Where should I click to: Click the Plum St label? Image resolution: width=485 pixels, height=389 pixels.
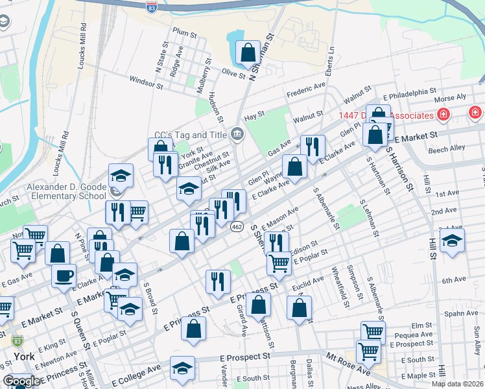pyautogui.click(x=185, y=32)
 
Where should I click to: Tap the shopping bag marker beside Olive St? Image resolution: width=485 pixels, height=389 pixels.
pyautogui.click(x=248, y=52)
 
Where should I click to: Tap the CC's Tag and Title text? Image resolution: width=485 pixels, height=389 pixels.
pyautogui.click(x=189, y=136)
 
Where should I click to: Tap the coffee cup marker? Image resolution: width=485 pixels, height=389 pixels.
pyautogui.click(x=64, y=275)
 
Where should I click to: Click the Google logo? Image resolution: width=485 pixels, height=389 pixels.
pyautogui.click(x=22, y=381)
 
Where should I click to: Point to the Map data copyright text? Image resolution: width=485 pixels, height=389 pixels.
pyautogui.click(x=457, y=384)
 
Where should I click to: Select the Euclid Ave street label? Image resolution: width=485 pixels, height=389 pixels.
pyautogui.click(x=308, y=283)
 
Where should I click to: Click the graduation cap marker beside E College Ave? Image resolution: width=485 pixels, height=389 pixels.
pyautogui.click(x=183, y=368)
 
